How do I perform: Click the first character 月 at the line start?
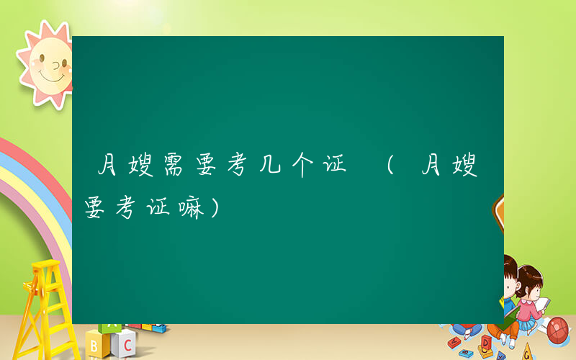pyautogui.click(x=108, y=168)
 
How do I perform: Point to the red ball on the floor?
pyautogui.click(x=558, y=329)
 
